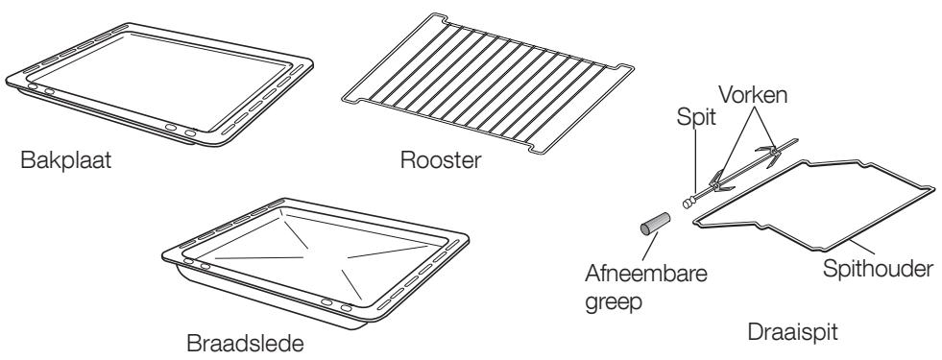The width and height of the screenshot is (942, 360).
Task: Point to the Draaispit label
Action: pos(795,331)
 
